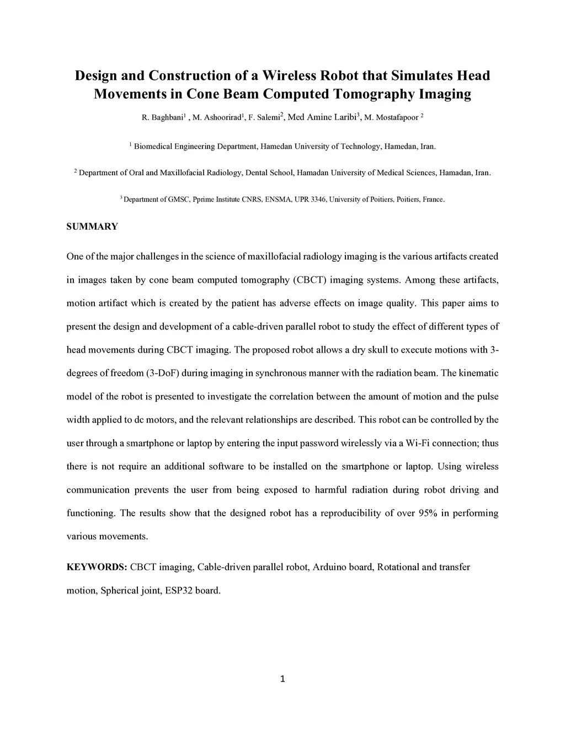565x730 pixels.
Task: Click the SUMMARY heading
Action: coord(92,226)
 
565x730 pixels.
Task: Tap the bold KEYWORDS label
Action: coord(97,567)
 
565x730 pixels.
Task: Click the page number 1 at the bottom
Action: coord(282,679)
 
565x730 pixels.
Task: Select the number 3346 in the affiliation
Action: coord(318,199)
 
